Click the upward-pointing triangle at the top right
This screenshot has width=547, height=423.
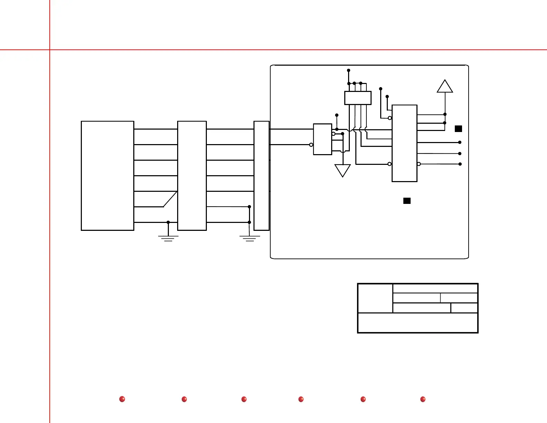click(445, 87)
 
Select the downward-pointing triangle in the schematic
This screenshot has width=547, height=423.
click(343, 170)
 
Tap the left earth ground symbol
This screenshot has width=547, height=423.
click(168, 238)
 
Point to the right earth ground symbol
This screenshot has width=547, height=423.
click(250, 238)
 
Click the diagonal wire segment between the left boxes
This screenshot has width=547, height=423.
click(170, 199)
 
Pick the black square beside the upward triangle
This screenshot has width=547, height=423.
click(458, 129)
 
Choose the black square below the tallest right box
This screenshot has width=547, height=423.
click(407, 201)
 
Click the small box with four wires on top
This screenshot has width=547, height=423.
click(358, 98)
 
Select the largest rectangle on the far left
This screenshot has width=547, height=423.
click(107, 176)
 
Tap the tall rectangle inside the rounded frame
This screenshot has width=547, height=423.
click(404, 143)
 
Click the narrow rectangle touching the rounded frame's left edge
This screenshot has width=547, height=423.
click(261, 176)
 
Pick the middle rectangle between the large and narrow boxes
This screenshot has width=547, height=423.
click(192, 176)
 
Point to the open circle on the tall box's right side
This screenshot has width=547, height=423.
click(419, 164)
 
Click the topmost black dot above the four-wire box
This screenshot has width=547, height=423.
click(348, 70)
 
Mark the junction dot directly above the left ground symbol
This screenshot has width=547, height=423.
click(168, 222)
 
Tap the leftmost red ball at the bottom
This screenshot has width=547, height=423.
click(122, 399)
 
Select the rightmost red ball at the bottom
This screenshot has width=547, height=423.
click(423, 399)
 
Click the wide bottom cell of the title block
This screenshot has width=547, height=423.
click(418, 323)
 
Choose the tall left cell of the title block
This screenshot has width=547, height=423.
click(375, 298)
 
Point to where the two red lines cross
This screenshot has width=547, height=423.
click(50, 50)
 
